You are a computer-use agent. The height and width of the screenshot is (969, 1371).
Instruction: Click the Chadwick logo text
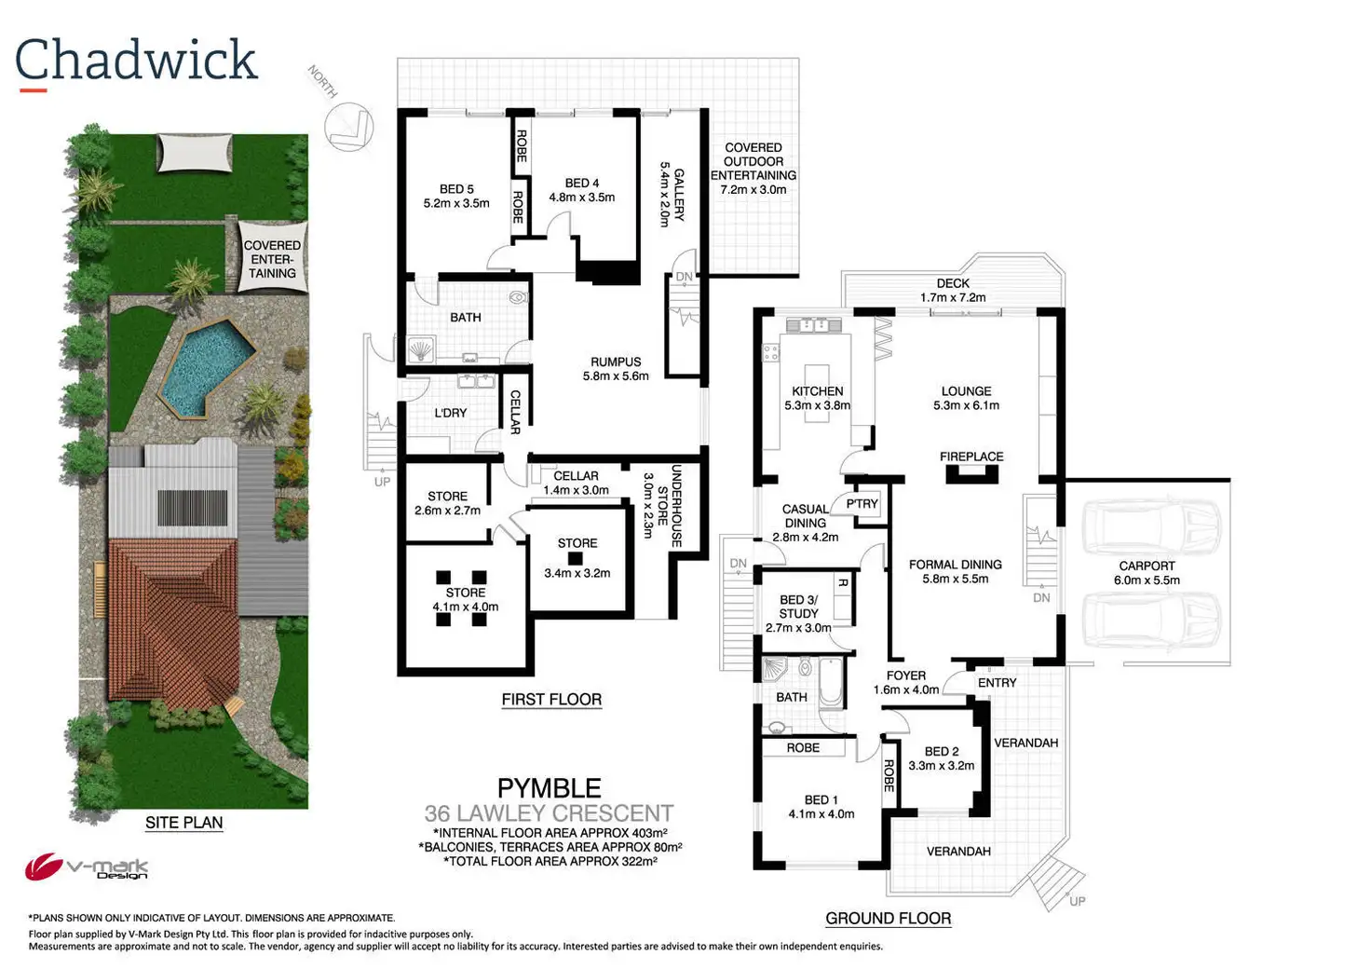tap(136, 61)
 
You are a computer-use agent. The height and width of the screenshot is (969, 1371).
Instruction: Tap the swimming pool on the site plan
tap(207, 366)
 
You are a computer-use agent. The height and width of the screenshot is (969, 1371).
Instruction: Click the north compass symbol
tap(348, 125)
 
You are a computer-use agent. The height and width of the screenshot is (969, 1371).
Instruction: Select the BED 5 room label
tap(456, 189)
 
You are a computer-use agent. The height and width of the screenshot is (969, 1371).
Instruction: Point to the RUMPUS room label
tap(616, 362)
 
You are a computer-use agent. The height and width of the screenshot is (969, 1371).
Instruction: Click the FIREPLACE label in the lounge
tap(971, 457)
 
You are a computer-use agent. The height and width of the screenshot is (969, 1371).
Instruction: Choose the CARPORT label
tap(1147, 566)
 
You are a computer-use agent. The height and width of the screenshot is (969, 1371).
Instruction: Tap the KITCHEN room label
tap(817, 391)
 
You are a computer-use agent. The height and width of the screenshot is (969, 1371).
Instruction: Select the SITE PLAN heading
tap(183, 823)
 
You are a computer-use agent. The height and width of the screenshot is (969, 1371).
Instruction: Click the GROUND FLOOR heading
tap(888, 919)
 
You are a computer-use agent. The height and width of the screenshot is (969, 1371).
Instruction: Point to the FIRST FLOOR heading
tap(551, 700)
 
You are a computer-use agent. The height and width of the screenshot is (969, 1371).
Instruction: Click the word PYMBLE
tap(549, 788)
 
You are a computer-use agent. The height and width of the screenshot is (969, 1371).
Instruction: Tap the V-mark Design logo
tap(87, 868)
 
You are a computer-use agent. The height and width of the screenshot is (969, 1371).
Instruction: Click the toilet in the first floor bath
tap(518, 299)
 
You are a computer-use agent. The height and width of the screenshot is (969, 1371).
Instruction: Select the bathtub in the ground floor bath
tap(831, 682)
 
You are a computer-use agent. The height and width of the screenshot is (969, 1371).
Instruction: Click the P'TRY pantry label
tap(862, 504)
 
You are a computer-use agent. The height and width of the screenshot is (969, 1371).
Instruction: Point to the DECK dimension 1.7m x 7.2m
tap(952, 298)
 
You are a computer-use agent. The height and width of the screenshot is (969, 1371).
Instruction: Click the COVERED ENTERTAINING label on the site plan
tap(272, 260)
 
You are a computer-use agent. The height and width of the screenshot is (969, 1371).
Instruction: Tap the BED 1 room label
tap(821, 799)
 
